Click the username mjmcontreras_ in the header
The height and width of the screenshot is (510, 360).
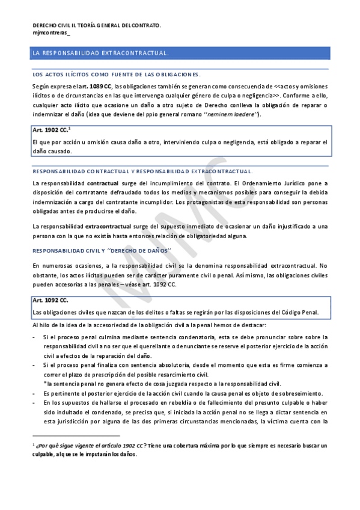[x=50, y=33]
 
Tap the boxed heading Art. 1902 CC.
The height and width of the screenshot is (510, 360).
[x=50, y=130]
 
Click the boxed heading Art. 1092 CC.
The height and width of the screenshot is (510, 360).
[x=50, y=300]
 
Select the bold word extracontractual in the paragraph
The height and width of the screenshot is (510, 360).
[x=109, y=226]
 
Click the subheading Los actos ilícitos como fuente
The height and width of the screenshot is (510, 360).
[x=115, y=75]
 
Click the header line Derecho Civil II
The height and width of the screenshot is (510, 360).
[x=96, y=25]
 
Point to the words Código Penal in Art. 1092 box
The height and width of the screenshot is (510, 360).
[x=297, y=312]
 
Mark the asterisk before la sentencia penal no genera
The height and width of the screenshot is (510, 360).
[x=44, y=383]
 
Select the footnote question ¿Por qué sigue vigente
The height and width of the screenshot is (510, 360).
[x=90, y=446]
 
